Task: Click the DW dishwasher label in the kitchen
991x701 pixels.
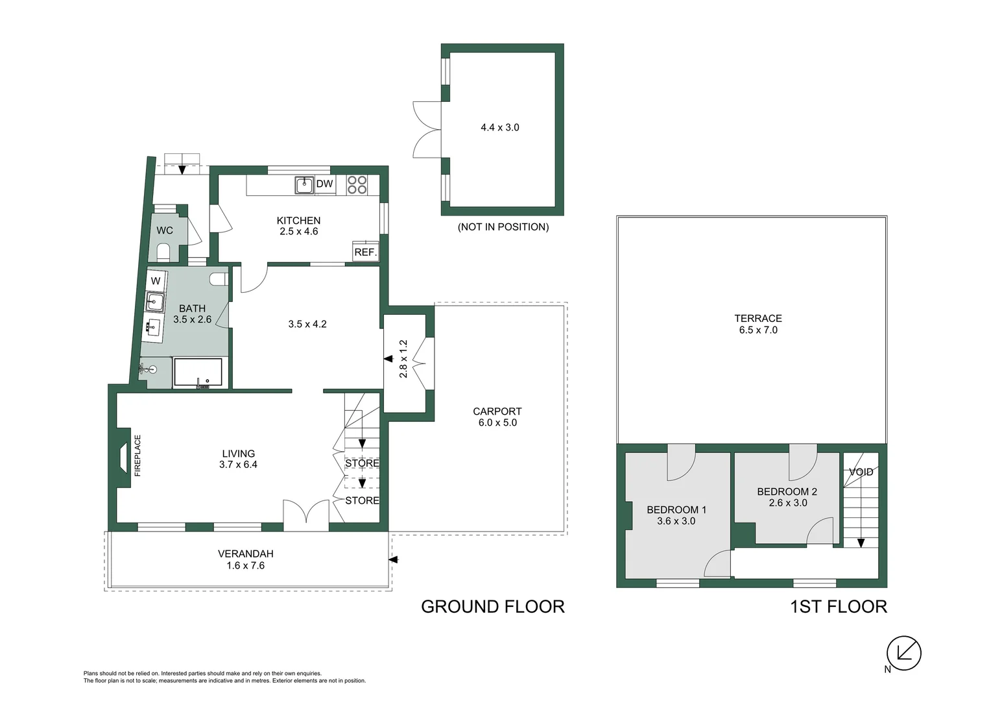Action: pyautogui.click(x=324, y=184)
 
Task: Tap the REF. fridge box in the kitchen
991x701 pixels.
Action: pyautogui.click(x=366, y=252)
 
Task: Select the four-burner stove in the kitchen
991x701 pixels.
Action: pyautogui.click(x=357, y=185)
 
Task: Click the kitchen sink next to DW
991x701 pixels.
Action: pyautogui.click(x=304, y=185)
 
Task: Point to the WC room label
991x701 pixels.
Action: pyautogui.click(x=165, y=230)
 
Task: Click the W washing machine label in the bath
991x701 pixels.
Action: pyautogui.click(x=156, y=281)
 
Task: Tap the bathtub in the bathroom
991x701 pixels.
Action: pyautogui.click(x=198, y=373)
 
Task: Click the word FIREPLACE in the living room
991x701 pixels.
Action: pyautogui.click(x=137, y=456)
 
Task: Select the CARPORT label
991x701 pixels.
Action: pyautogui.click(x=497, y=412)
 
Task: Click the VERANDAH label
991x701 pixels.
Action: pyautogui.click(x=245, y=554)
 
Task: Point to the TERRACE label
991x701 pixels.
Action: pyautogui.click(x=758, y=318)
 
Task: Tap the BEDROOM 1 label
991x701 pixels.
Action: pyautogui.click(x=676, y=510)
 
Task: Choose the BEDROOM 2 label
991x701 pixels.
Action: pyautogui.click(x=787, y=491)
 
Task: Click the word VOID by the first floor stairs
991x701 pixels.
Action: pyautogui.click(x=861, y=472)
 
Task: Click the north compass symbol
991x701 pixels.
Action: pyautogui.click(x=903, y=652)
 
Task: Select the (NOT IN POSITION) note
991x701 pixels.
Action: pyautogui.click(x=503, y=227)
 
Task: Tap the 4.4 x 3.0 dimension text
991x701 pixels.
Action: pyautogui.click(x=499, y=128)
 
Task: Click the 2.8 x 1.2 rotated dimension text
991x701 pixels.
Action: pyautogui.click(x=403, y=359)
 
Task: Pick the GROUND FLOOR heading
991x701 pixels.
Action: pyautogui.click(x=492, y=606)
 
